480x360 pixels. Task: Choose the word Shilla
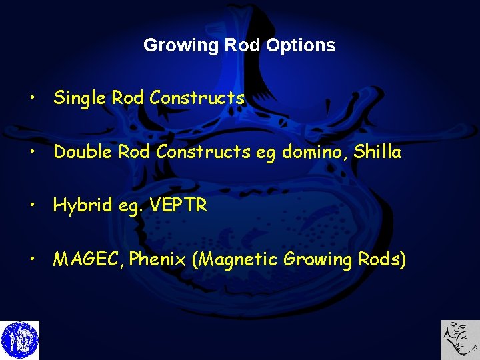point(377,152)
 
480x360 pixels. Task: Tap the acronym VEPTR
point(179,206)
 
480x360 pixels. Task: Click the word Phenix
point(157,259)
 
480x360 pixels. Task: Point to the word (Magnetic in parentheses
point(234,259)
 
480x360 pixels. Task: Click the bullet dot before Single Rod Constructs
point(31,99)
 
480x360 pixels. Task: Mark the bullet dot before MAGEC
point(31,260)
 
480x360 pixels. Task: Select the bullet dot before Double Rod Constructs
point(31,153)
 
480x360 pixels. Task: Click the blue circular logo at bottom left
point(20,340)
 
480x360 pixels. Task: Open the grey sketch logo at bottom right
point(459,340)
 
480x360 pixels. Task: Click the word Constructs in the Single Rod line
point(197,98)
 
